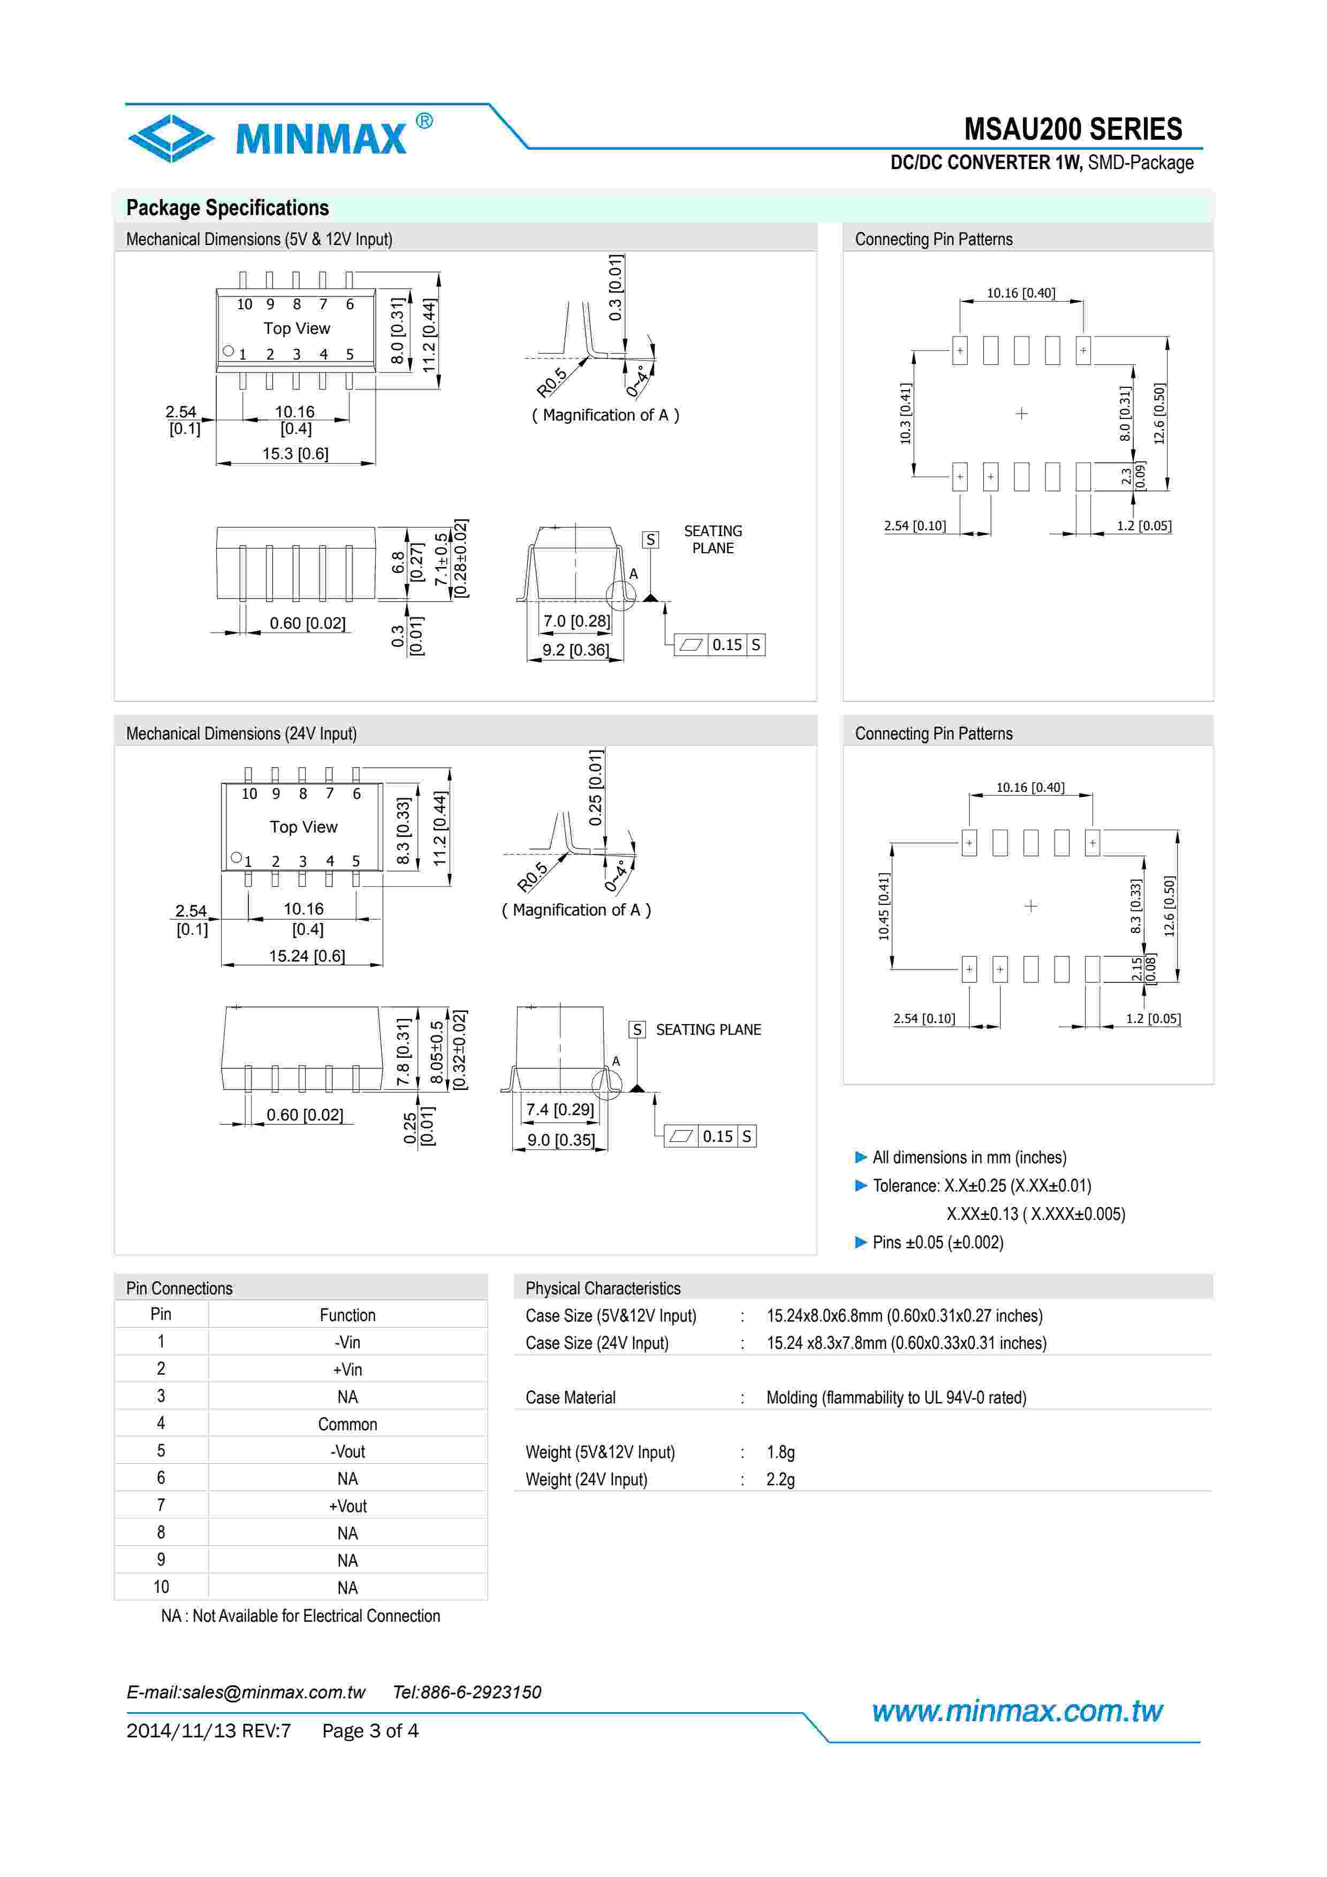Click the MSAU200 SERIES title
1073,129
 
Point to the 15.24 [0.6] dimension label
307,956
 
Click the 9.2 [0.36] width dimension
575,650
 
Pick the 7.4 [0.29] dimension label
560,1109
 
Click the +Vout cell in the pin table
347,1506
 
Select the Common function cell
347,1424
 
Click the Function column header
347,1315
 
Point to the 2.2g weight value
780,1479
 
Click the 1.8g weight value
780,1452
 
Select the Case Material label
571,1397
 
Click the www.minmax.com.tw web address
1017,1711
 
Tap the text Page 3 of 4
370,1731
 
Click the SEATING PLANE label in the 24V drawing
708,1029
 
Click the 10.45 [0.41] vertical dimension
883,906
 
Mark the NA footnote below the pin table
300,1615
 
